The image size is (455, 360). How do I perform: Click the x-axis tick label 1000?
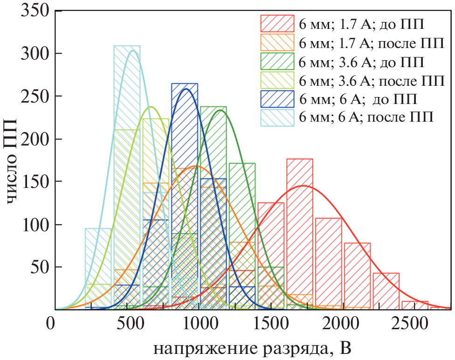tap(199, 324)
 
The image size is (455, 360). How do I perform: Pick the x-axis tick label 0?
tap(55, 324)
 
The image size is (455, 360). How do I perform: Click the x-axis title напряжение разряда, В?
tap(252, 348)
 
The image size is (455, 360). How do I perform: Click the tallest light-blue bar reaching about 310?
tap(127, 177)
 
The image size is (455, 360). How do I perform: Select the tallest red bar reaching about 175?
tap(299, 233)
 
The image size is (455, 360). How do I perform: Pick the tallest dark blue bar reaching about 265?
tap(185, 196)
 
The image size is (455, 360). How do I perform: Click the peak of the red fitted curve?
tap(303, 186)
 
